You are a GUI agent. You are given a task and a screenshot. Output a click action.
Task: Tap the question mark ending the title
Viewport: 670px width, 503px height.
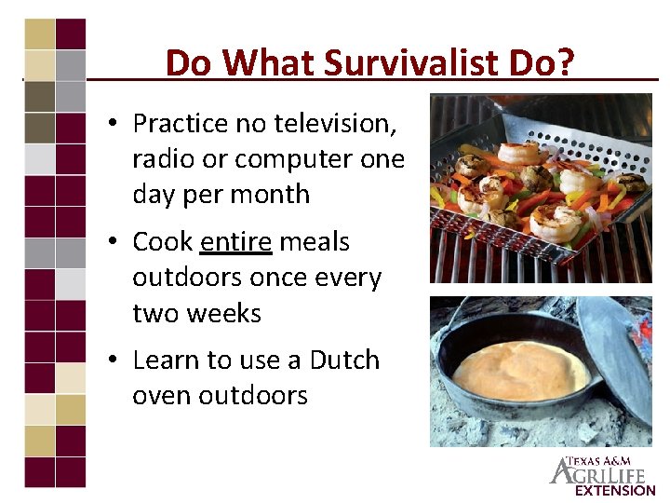[565, 63]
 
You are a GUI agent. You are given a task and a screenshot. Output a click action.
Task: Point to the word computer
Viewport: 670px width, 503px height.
[292, 159]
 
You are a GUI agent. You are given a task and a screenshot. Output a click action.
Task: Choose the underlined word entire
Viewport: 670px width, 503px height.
[236, 242]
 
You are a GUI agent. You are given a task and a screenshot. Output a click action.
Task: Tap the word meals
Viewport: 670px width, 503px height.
[315, 242]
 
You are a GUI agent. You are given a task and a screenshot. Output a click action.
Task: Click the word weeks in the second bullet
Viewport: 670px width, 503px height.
[229, 313]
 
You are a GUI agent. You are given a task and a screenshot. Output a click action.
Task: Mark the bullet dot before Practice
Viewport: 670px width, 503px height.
[111, 124]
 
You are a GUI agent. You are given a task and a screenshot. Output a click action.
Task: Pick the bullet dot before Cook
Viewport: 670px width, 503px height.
[111, 243]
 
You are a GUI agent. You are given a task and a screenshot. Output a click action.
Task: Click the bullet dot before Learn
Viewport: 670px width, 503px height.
[111, 361]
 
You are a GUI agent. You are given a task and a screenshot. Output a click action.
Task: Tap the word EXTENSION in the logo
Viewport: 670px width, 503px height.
[615, 490]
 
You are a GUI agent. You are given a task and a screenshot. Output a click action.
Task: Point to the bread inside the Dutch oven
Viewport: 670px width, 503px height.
[521, 370]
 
